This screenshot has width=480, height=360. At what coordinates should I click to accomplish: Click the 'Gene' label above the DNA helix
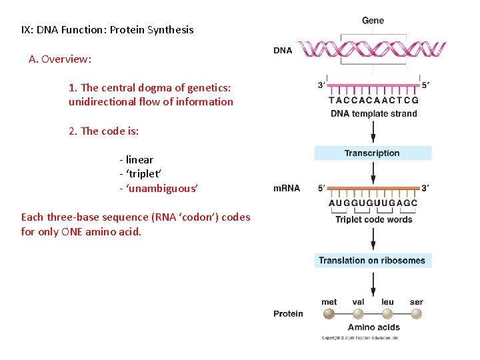tap(373, 21)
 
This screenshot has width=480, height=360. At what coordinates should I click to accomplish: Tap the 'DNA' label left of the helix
tap(283, 50)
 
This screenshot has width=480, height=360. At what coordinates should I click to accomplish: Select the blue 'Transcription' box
tap(372, 153)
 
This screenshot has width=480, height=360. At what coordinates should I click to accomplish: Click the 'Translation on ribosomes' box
tap(372, 261)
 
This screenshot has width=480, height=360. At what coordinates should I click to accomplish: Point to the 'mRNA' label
tap(287, 188)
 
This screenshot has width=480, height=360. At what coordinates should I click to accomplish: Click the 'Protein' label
tap(287, 313)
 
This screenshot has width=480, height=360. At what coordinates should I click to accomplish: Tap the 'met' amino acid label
tap(329, 302)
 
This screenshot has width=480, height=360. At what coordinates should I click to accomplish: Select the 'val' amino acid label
tap(358, 302)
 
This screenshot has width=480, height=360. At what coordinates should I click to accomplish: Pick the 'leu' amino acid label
tap(387, 302)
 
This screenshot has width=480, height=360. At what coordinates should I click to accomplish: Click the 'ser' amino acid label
tap(416, 302)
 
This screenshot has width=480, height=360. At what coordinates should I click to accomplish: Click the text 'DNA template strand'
tap(373, 113)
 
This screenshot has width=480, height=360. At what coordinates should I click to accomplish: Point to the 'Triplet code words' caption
tap(373, 219)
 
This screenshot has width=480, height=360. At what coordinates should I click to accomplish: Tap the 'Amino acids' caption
tap(373, 327)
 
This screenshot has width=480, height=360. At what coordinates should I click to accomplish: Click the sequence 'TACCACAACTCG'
tap(373, 101)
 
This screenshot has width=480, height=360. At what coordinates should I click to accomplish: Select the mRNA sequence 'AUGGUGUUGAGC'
tap(373, 203)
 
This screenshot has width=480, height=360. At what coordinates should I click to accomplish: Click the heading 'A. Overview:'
tap(60, 59)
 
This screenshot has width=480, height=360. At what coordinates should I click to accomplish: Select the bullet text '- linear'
tap(136, 159)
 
